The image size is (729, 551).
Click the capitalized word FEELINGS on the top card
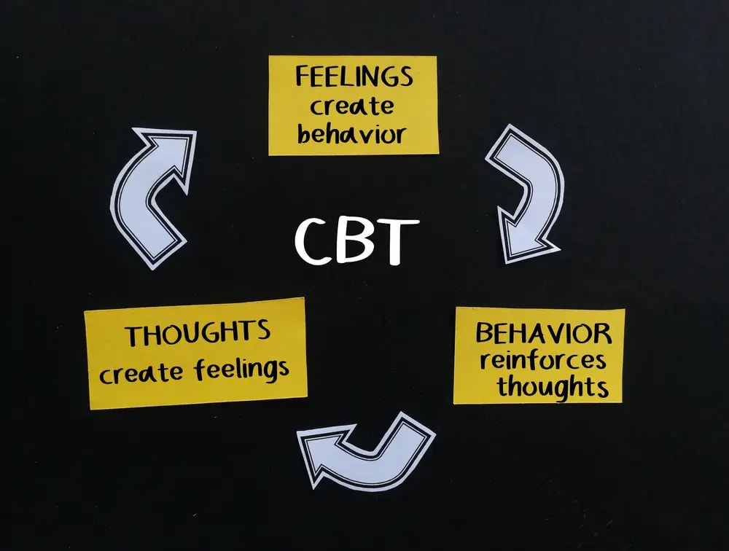coord(354,77)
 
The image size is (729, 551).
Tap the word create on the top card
coord(352,106)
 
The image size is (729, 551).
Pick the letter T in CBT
coord(396,242)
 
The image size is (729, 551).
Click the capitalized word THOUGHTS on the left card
coord(198,333)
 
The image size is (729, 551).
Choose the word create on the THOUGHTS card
coord(141,373)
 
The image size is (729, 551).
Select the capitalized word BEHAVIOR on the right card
coord(543,333)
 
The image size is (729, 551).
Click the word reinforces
coord(543,360)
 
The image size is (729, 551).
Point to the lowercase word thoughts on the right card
coord(553,387)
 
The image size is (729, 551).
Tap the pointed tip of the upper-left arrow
coord(195,132)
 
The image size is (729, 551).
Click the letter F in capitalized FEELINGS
coord(303,77)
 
